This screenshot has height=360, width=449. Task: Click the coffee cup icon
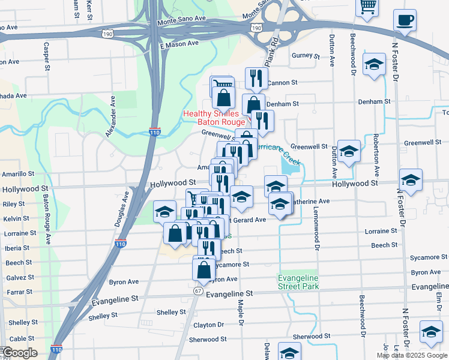click(405, 20)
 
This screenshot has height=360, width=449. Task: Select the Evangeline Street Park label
click(298, 281)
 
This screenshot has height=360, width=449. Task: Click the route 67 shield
click(198, 291)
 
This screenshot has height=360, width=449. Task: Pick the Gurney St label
click(306, 56)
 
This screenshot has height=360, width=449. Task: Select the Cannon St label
click(283, 82)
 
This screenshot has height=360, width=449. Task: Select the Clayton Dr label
click(208, 325)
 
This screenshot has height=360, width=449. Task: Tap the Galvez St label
click(19, 277)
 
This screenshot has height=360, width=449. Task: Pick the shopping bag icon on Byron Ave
click(203, 269)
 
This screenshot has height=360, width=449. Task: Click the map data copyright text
click(412, 355)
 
